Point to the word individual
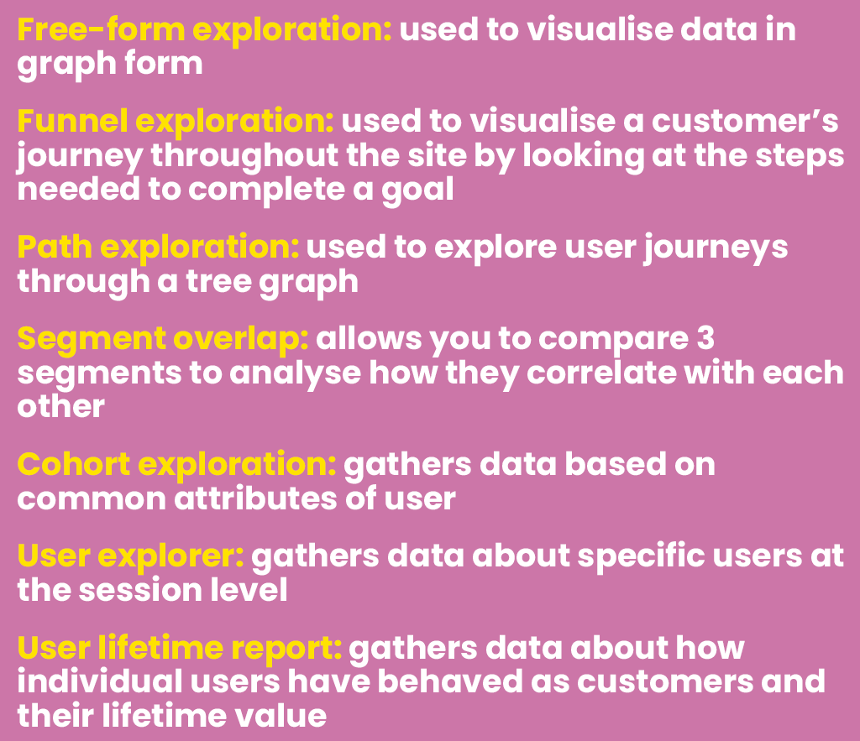(x=93, y=681)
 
